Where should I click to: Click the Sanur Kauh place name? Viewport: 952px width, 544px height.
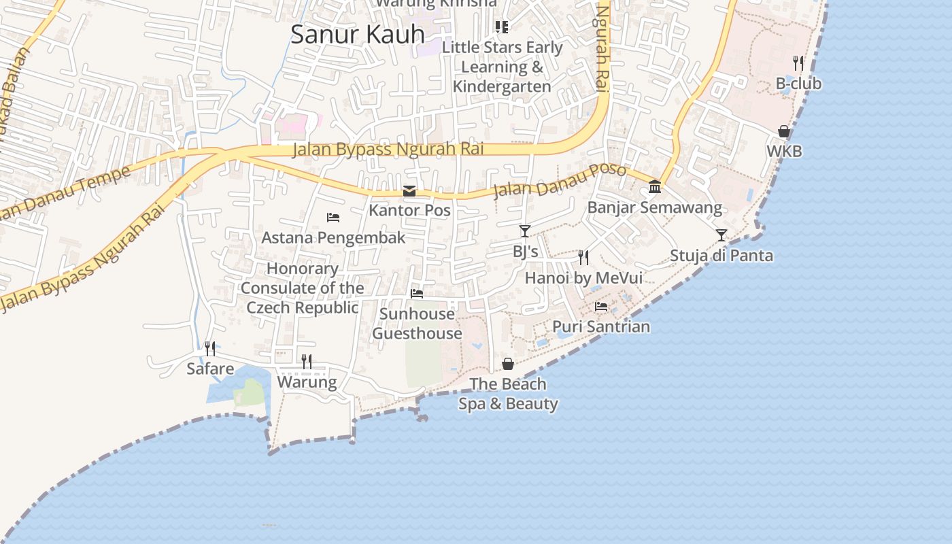pos(358,34)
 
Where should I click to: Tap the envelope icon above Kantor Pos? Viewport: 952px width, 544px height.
pos(409,191)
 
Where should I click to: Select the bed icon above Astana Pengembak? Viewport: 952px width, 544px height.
pos(333,218)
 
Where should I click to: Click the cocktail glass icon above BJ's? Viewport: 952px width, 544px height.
pos(524,231)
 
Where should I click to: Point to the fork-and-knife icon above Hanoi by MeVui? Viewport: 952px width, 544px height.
pos(583,257)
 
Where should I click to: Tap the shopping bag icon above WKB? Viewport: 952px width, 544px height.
pos(784,131)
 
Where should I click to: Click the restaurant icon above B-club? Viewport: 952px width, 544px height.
pos(798,63)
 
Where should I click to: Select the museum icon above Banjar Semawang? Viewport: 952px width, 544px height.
pos(655,186)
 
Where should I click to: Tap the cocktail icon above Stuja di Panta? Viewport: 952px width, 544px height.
pos(721,235)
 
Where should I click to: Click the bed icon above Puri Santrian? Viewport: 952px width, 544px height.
pos(601,307)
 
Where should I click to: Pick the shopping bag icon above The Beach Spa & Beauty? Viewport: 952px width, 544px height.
pos(508,364)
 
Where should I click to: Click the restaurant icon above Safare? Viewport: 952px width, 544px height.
pos(211,349)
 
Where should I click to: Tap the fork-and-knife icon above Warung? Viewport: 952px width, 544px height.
pos(307,361)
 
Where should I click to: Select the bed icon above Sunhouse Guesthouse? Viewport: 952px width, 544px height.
pos(417,294)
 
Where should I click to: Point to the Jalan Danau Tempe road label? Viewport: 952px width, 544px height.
pos(65,194)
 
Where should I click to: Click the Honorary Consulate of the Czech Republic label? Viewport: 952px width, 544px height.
pos(302,288)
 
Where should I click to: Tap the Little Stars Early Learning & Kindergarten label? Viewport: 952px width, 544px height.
pos(502,67)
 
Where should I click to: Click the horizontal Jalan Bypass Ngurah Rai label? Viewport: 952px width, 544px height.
pos(388,150)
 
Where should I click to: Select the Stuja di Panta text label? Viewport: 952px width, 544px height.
pos(721,256)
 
